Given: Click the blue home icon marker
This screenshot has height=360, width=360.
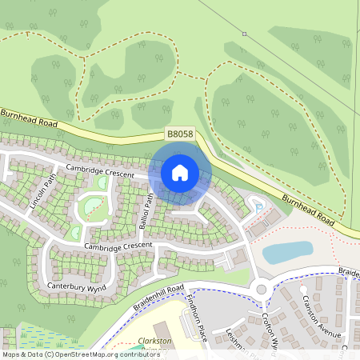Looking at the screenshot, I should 180,172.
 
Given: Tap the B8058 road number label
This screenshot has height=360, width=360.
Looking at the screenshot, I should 179,134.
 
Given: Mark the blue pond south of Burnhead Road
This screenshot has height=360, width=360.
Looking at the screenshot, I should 287,253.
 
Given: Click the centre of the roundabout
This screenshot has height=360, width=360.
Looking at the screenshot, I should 262,289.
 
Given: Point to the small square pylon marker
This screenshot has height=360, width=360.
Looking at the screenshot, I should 244,34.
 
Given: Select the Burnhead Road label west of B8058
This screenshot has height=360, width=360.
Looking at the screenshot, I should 30,120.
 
